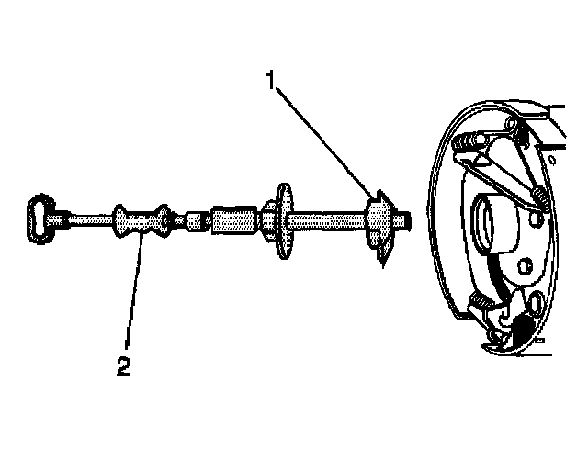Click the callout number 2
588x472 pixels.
(x=123, y=366)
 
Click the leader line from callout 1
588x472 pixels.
(x=322, y=138)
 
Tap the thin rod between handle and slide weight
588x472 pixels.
(x=87, y=219)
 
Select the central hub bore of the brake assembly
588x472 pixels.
(x=487, y=224)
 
